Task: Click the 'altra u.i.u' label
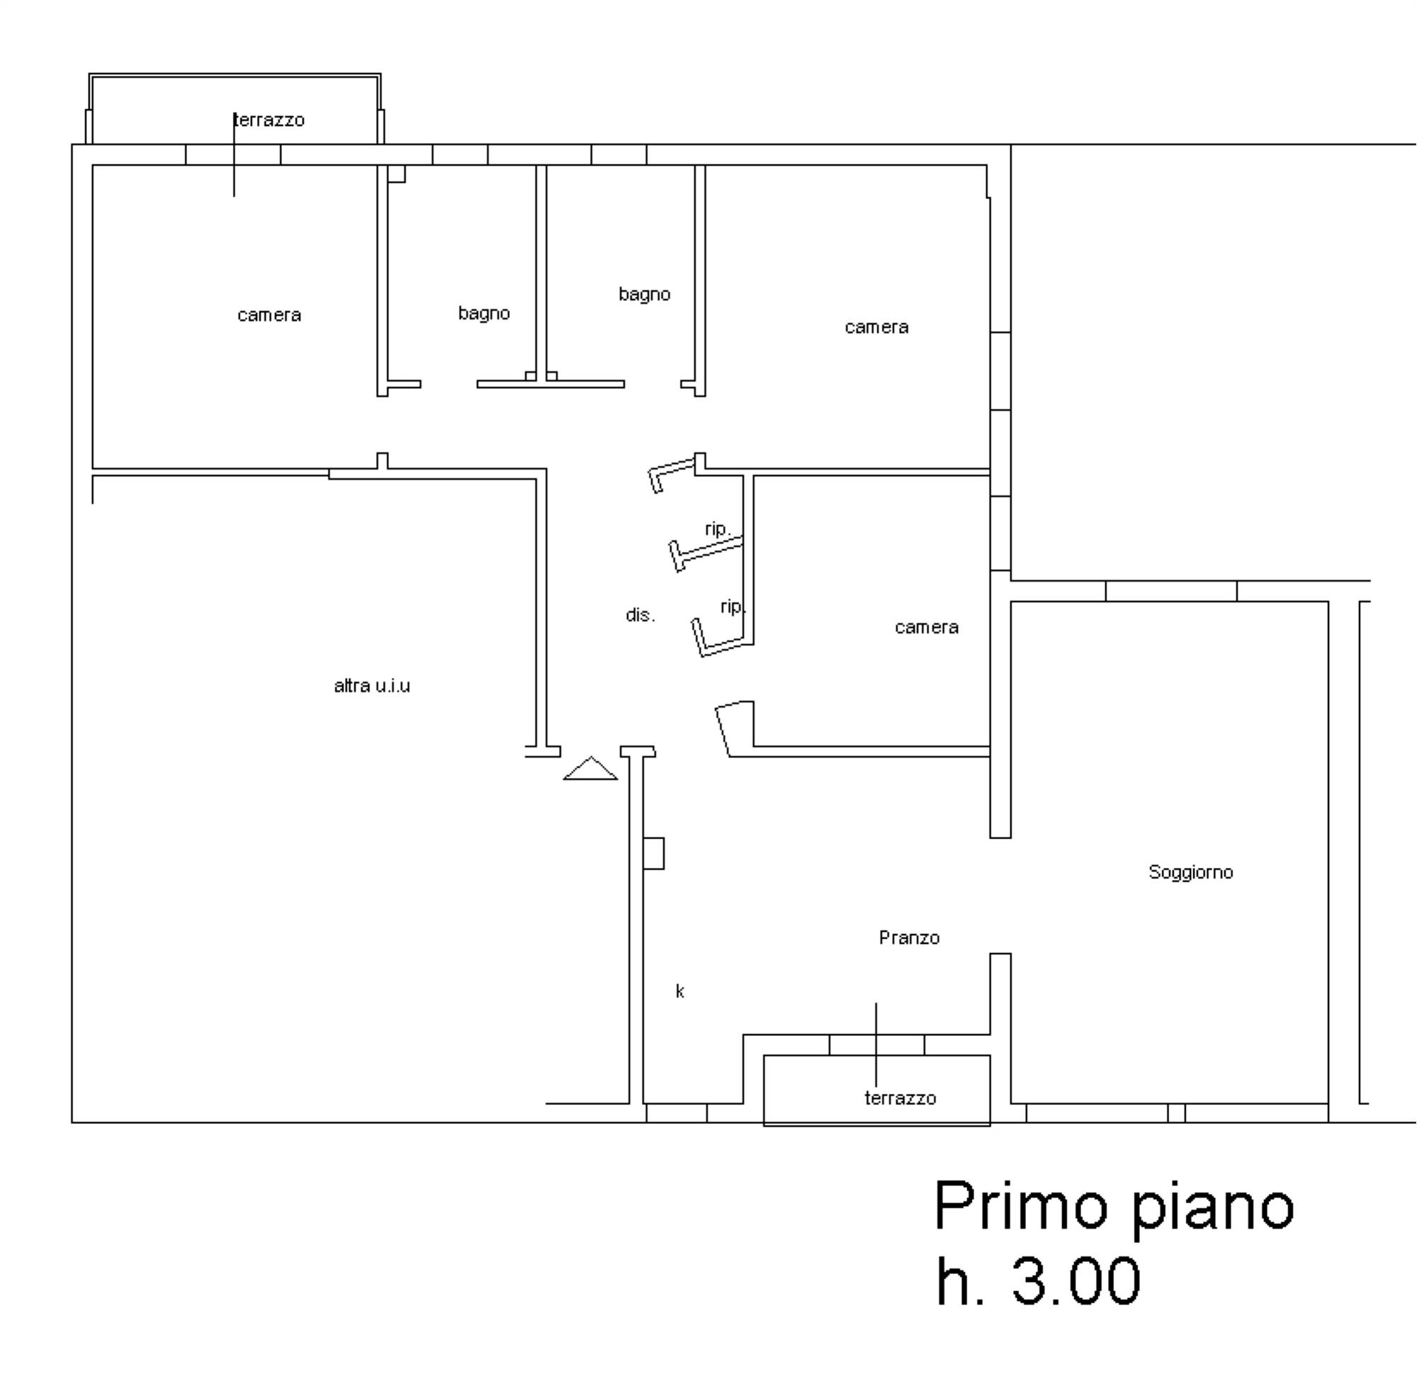click(x=372, y=686)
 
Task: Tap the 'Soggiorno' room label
click(x=1191, y=872)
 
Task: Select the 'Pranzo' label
click(x=909, y=937)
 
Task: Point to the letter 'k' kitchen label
click(x=679, y=991)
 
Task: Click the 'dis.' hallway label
click(x=640, y=615)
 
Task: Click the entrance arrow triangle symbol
click(x=590, y=769)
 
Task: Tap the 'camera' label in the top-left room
click(x=269, y=315)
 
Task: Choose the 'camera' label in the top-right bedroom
click(x=876, y=327)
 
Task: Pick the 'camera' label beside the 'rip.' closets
click(x=927, y=628)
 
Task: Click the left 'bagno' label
click(x=484, y=313)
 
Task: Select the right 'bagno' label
click(x=644, y=294)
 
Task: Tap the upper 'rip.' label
click(x=717, y=529)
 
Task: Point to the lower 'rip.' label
click(x=732, y=607)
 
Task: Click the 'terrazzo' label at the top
click(x=269, y=120)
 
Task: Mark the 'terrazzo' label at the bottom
click(x=901, y=1098)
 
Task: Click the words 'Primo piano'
click(x=1114, y=1206)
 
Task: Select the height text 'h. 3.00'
click(x=1038, y=1281)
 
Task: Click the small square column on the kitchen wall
click(x=653, y=853)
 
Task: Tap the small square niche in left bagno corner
click(x=396, y=174)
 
